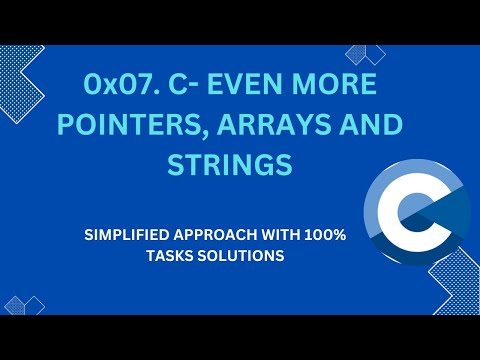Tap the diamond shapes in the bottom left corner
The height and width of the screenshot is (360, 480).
click(25, 304)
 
